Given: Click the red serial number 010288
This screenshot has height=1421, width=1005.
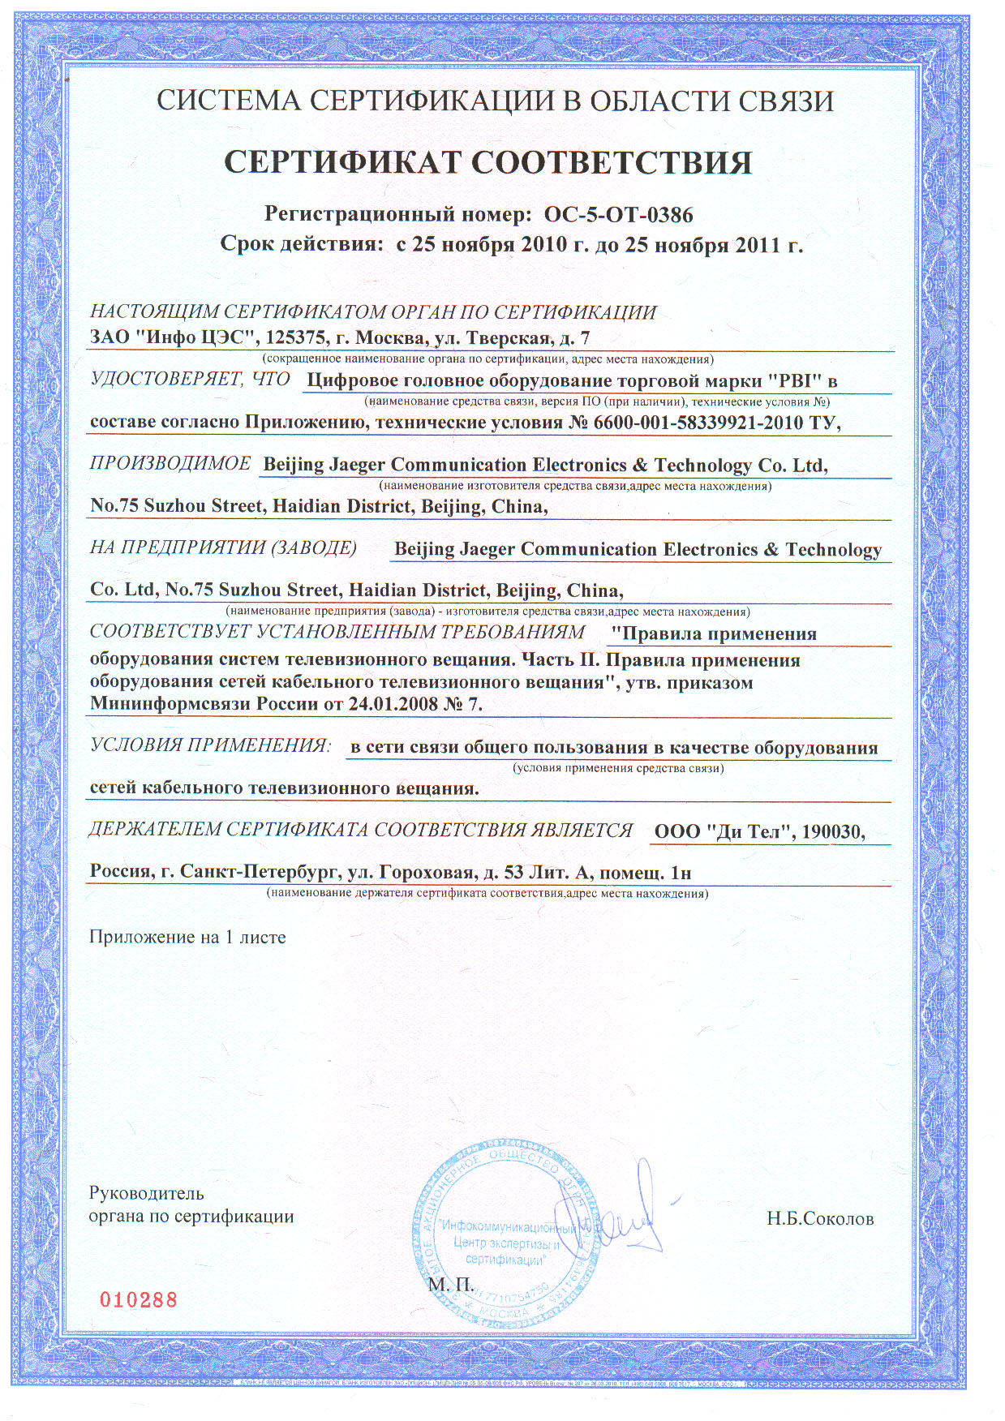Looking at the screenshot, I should [138, 1299].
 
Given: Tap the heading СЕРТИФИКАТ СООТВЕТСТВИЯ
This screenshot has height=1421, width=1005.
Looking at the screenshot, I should [487, 162].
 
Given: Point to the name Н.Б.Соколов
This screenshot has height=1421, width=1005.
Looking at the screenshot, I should [820, 1219].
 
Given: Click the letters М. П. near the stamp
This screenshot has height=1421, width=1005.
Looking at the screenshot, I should [451, 1285].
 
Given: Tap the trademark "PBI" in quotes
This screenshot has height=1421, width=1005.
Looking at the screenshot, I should [796, 380].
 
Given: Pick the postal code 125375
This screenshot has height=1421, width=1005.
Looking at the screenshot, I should [292, 337].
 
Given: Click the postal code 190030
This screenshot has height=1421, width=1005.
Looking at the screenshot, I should [832, 832].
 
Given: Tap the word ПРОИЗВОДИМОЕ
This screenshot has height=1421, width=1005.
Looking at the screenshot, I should [170, 464].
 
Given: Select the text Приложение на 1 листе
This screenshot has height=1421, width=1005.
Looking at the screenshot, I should [187, 937].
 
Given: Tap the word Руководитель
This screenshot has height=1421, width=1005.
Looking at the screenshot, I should [146, 1193].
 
